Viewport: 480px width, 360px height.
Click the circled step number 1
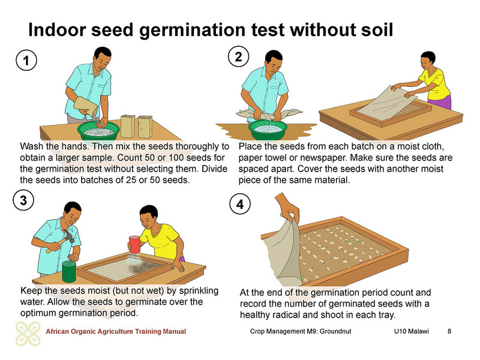[26, 60]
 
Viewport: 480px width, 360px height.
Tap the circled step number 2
[238, 56]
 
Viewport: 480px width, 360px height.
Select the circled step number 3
[23, 200]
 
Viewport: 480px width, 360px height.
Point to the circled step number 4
[241, 204]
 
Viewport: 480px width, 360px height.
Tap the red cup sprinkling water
[134, 245]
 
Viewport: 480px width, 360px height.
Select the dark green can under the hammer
[69, 271]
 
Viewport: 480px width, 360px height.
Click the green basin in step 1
[98, 130]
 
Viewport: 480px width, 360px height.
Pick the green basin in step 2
[268, 130]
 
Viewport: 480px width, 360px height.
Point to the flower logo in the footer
[28, 334]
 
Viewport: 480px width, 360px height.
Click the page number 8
[449, 331]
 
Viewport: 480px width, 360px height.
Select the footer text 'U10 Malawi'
[411, 331]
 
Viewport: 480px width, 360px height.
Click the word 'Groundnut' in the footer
[335, 331]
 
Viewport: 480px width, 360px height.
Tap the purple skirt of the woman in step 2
[440, 102]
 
